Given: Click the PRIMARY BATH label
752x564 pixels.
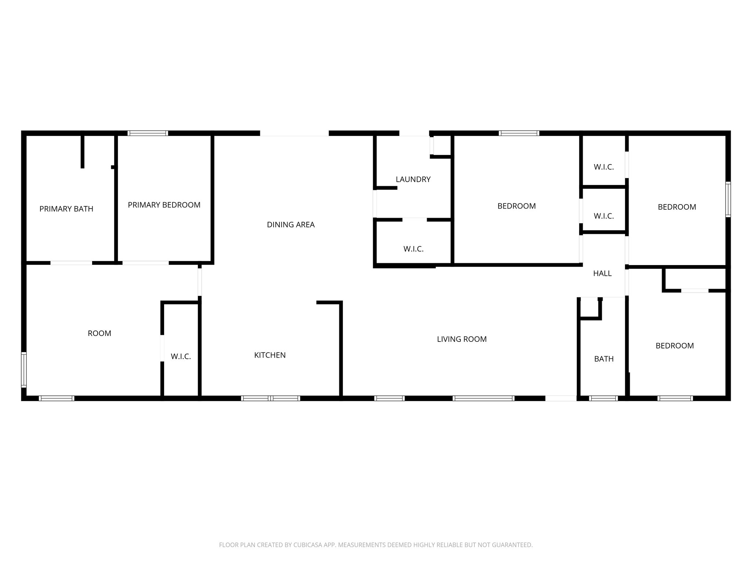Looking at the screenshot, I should point(66,209).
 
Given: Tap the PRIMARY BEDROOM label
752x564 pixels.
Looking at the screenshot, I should point(164,205).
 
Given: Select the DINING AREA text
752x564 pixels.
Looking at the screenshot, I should point(290,225).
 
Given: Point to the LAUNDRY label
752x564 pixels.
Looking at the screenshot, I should point(413,179).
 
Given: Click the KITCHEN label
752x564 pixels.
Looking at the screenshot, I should point(270,355).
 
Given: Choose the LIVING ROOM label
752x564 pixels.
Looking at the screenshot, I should point(462,339).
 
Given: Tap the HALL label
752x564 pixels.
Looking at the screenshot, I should point(602,273).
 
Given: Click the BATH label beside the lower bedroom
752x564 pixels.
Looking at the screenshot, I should point(604,359).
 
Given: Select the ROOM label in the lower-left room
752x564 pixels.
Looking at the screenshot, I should point(99,333).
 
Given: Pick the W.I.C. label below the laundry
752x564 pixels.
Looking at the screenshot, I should point(413,249).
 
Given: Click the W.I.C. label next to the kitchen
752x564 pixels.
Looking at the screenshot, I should point(181,357).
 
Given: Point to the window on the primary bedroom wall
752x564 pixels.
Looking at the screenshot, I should point(148,133).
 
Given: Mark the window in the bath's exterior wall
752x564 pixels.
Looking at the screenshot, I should point(603,398).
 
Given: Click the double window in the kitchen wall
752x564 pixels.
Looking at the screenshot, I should point(270,398).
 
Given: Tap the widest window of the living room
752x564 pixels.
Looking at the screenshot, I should point(483,398).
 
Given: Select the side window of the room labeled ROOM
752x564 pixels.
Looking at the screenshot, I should point(24,369).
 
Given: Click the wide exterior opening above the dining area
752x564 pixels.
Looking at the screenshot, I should point(294,133).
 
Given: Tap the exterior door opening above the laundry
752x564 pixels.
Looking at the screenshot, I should point(414,133).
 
